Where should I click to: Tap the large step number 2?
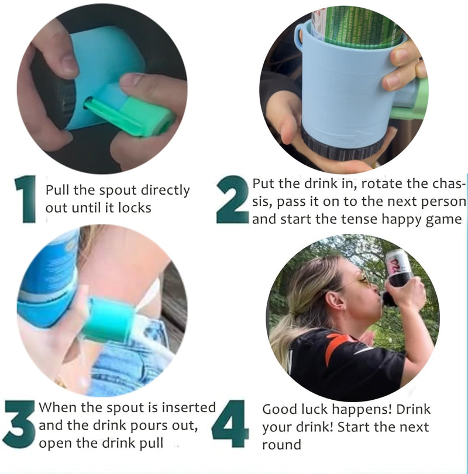pyautogui.click(x=232, y=199)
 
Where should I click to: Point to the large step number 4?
pyautogui.click(x=230, y=424)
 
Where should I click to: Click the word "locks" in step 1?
pyautogui.click(x=135, y=208)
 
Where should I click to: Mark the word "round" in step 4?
pyautogui.click(x=281, y=445)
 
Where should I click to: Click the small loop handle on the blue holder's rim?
pyautogui.click(x=299, y=34)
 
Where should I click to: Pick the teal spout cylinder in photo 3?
pyautogui.click(x=109, y=320)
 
